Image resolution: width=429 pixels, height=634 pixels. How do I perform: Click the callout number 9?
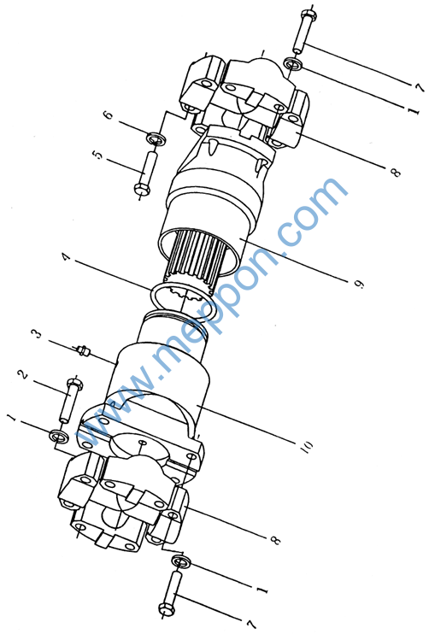(359, 284)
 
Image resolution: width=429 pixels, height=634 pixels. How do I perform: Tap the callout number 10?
(308, 448)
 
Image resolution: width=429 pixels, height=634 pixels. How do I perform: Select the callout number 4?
(66, 257)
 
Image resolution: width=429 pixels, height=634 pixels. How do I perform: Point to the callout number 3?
(38, 334)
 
